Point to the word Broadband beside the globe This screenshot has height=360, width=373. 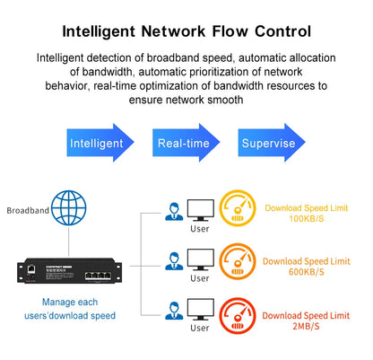pyautogui.click(x=28, y=211)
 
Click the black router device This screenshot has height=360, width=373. pyautogui.click(x=67, y=269)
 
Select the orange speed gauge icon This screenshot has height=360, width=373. pyautogui.click(x=237, y=262)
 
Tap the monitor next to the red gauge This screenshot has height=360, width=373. pyautogui.click(x=198, y=314)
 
